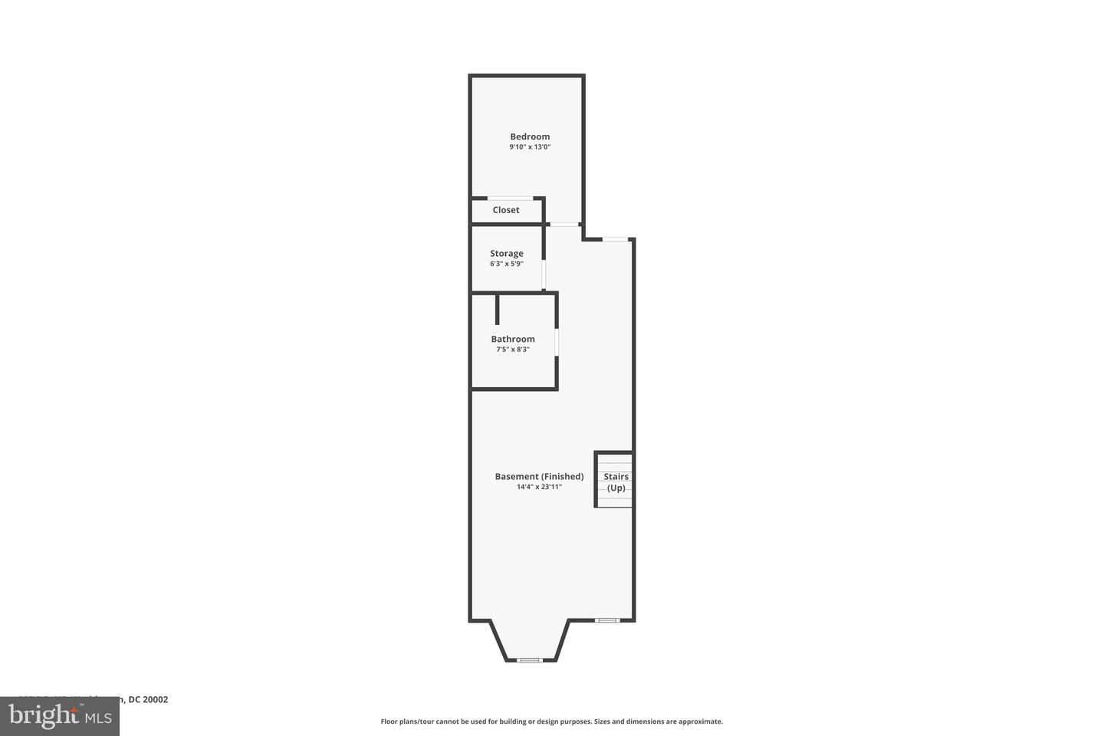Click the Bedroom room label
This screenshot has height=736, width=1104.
pyautogui.click(x=530, y=136)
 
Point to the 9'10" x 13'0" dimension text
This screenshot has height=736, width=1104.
pyautogui.click(x=530, y=147)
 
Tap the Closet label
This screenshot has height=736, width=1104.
pyautogui.click(x=506, y=210)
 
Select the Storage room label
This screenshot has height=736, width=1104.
pyautogui.click(x=507, y=253)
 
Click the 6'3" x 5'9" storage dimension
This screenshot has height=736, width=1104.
pyautogui.click(x=507, y=264)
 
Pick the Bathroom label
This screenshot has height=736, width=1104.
pyautogui.click(x=513, y=339)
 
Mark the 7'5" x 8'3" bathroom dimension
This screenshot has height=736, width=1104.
pyautogui.click(x=513, y=350)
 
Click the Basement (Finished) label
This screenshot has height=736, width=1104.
pyautogui.click(x=539, y=476)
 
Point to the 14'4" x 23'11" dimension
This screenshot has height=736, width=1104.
pyautogui.click(x=539, y=487)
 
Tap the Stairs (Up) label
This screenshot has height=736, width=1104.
pyautogui.click(x=616, y=481)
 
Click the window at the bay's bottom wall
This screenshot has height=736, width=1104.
pyautogui.click(x=530, y=659)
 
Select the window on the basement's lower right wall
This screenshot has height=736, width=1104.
pyautogui.click(x=607, y=619)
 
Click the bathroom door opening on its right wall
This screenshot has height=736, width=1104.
pyautogui.click(x=557, y=342)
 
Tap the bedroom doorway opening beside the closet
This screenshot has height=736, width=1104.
pyautogui.click(x=564, y=224)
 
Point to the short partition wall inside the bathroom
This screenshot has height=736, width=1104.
pyautogui.click(x=498, y=309)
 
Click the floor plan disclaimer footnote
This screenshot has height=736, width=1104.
pyautogui.click(x=552, y=721)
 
